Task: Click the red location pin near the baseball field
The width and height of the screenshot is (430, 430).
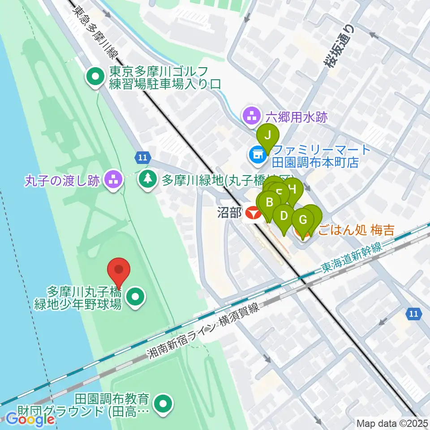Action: coord(119,271)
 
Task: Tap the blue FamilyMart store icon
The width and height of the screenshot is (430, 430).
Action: coord(257,155)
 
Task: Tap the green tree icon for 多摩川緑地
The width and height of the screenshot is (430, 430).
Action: coord(147,180)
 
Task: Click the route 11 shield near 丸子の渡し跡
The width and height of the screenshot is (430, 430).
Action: coord(142,157)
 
